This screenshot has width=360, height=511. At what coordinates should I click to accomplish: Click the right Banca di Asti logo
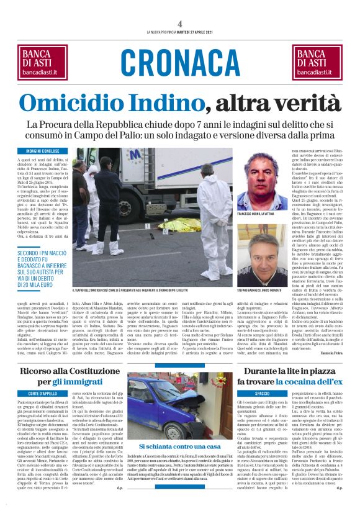323,61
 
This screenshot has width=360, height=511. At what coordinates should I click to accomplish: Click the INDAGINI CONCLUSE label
43,151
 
